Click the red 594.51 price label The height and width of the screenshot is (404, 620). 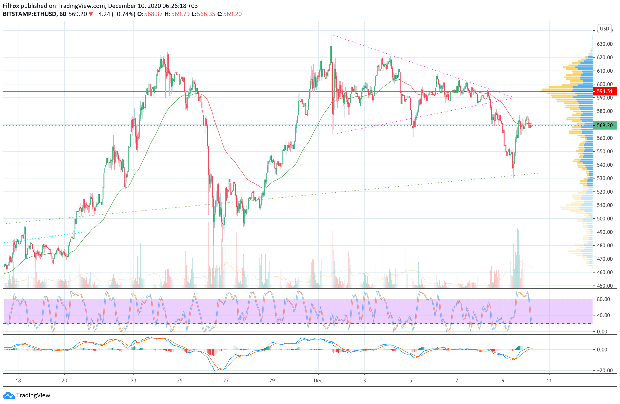pyautogui.click(x=604, y=91)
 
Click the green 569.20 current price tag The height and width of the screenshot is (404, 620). pyautogui.click(x=604, y=125)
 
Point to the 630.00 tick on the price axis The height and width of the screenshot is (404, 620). pyautogui.click(x=605, y=44)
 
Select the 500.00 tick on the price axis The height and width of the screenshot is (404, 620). pyautogui.click(x=605, y=219)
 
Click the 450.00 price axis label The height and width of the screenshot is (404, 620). pyautogui.click(x=605, y=285)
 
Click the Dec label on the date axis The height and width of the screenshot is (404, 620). pyautogui.click(x=318, y=380)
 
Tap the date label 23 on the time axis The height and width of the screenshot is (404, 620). pyautogui.click(x=133, y=380)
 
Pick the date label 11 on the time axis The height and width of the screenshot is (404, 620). pyautogui.click(x=549, y=380)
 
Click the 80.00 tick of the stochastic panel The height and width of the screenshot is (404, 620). pyautogui.click(x=603, y=299)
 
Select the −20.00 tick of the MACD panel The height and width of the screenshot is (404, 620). pyautogui.click(x=603, y=370)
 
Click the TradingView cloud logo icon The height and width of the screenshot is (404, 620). pyautogui.click(x=9, y=395)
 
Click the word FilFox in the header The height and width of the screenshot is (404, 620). pyautogui.click(x=11, y=6)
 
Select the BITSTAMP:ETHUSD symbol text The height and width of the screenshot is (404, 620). pyautogui.click(x=29, y=14)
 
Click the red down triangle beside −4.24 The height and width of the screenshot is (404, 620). pyautogui.click(x=91, y=14)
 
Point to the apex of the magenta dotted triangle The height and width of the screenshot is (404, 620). pyautogui.click(x=512, y=98)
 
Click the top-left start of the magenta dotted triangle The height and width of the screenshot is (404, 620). pyautogui.click(x=332, y=35)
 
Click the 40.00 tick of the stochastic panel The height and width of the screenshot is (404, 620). pyautogui.click(x=603, y=315)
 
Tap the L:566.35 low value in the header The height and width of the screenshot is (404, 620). pyautogui.click(x=203, y=14)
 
